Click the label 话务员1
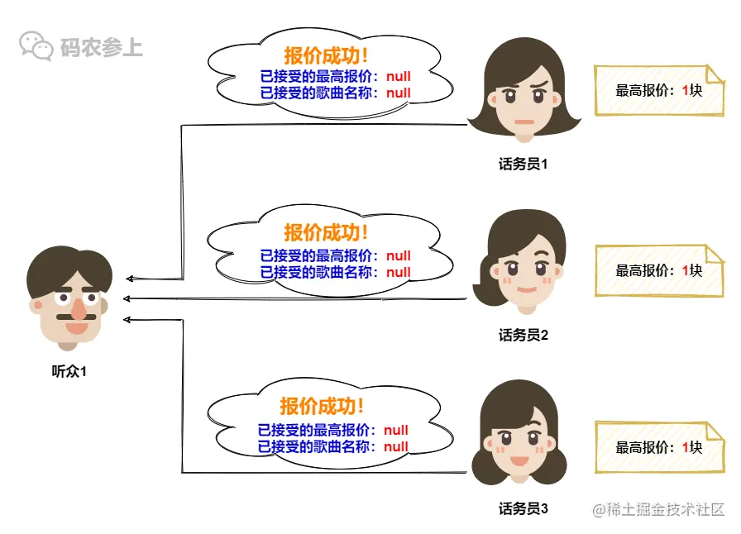click(x=523, y=164)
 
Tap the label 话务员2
click(x=523, y=335)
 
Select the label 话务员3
click(x=523, y=508)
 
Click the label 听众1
click(x=69, y=372)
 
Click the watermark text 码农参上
click(x=101, y=47)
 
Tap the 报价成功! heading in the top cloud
click(x=327, y=56)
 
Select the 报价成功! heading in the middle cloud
click(x=327, y=232)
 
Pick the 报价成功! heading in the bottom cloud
click(x=323, y=407)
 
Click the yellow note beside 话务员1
click(x=658, y=90)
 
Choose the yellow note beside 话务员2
click(x=658, y=269)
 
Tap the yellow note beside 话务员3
click(x=658, y=447)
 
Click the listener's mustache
click(x=75, y=316)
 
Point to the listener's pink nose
click(x=77, y=310)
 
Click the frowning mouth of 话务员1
click(x=523, y=122)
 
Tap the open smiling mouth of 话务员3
click(x=519, y=460)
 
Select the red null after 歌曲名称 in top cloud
click(x=398, y=93)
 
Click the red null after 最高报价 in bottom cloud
click(x=396, y=431)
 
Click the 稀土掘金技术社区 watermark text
click(x=658, y=509)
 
